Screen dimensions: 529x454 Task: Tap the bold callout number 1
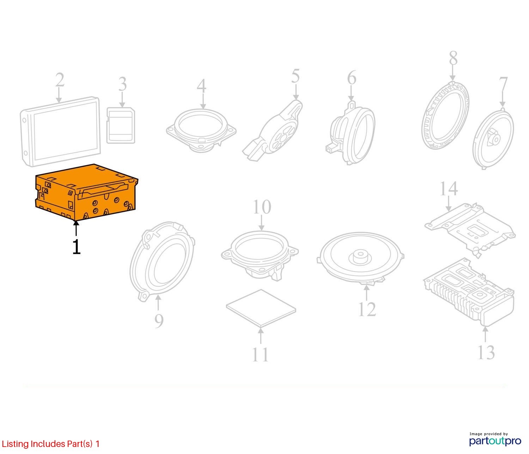click(x=77, y=247)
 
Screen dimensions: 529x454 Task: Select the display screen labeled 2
click(x=60, y=131)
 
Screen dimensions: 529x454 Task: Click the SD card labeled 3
click(x=121, y=125)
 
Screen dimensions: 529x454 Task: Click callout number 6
click(x=352, y=78)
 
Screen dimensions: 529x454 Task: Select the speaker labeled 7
click(x=493, y=139)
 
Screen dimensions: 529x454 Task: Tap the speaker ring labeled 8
click(x=445, y=115)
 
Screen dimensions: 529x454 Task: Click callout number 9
click(x=159, y=321)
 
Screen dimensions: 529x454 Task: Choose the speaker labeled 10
click(x=260, y=256)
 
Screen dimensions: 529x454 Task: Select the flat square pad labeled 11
click(x=261, y=308)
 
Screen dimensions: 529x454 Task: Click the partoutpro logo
click(x=495, y=441)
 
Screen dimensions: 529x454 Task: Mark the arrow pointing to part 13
click(x=485, y=334)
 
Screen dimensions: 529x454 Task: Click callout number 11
click(x=260, y=355)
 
